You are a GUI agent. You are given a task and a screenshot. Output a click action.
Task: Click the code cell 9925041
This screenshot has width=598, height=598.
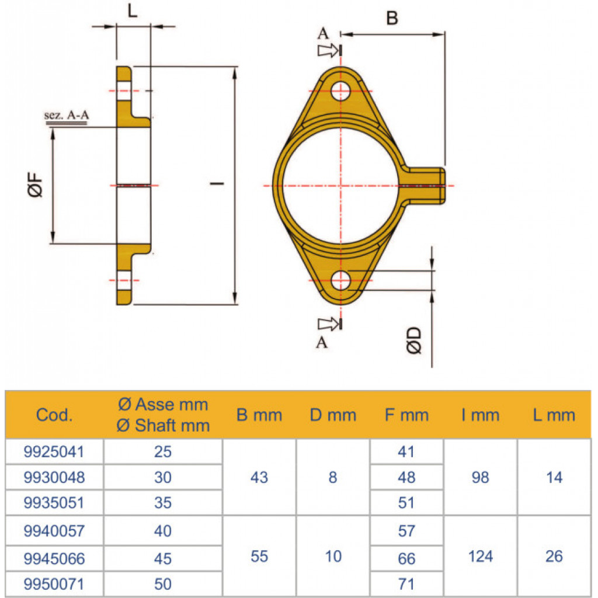(x=54, y=451)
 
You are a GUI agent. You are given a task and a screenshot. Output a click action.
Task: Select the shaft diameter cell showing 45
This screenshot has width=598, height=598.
(x=163, y=559)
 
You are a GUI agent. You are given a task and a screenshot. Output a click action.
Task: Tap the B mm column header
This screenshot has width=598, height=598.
(x=259, y=415)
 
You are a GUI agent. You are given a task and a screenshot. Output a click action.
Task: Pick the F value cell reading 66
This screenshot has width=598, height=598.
(x=406, y=559)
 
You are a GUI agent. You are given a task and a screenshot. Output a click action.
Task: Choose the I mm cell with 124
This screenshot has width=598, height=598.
(x=480, y=557)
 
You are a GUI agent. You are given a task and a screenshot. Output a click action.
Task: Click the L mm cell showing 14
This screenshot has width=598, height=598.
(x=554, y=477)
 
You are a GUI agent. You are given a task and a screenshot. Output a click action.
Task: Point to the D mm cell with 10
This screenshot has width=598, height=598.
(x=333, y=557)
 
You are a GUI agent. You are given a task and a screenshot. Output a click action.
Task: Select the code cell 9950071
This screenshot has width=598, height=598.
(x=54, y=584)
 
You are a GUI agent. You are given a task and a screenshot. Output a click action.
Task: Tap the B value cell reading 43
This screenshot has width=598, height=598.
(x=259, y=477)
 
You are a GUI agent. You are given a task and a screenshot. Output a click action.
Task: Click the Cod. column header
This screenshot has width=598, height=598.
(x=54, y=415)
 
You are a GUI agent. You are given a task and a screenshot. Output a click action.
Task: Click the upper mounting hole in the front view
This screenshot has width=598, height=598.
(x=340, y=91)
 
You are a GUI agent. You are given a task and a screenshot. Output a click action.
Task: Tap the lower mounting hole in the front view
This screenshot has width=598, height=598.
(x=340, y=281)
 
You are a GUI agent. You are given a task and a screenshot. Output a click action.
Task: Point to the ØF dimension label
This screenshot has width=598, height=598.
(x=35, y=185)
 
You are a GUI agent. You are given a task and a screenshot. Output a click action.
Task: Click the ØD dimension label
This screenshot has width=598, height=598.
(x=414, y=340)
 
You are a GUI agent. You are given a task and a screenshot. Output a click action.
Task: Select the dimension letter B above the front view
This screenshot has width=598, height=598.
(x=392, y=18)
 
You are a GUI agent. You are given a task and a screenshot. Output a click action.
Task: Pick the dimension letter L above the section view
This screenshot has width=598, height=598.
(x=132, y=11)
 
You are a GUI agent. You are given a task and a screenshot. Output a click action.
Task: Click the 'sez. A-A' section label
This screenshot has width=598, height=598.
(x=67, y=114)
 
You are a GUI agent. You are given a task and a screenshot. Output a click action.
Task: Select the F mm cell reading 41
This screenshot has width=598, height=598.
(x=406, y=451)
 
